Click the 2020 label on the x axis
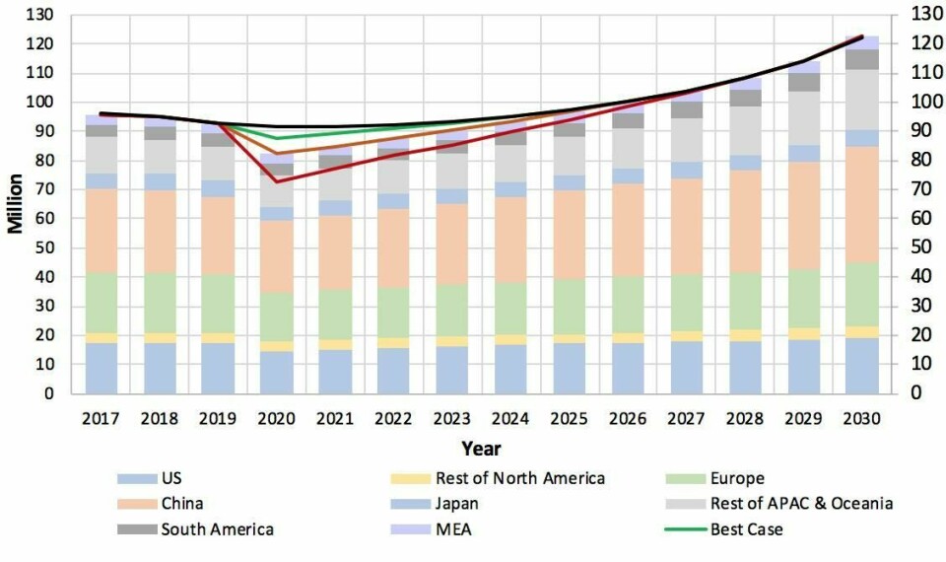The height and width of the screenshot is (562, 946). (x=276, y=418)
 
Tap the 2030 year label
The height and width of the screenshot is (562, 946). (x=861, y=418)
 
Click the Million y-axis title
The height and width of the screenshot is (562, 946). (x=17, y=204)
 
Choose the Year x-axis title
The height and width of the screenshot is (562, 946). (x=480, y=449)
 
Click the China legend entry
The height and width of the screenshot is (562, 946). (x=183, y=504)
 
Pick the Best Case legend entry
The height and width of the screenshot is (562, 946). (x=746, y=529)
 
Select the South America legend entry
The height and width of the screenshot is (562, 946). (x=218, y=529)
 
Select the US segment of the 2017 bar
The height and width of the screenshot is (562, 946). (x=101, y=368)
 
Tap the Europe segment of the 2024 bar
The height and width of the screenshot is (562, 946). (x=509, y=308)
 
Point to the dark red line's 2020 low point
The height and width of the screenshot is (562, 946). (x=276, y=181)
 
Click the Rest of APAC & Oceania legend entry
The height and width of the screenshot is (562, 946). (x=801, y=504)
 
